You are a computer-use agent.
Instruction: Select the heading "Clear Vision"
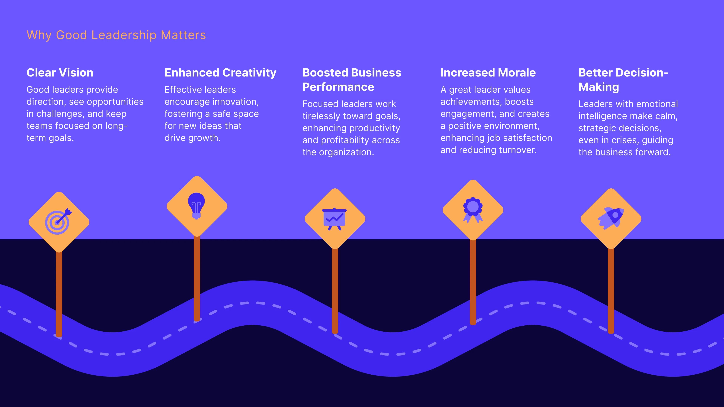coord(60,73)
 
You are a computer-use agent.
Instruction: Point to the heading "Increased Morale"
coord(488,73)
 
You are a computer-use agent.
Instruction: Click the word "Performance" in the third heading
coord(338,87)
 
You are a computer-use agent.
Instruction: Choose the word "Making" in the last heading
coord(599,87)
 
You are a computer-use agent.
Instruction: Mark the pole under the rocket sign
coord(611,289)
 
